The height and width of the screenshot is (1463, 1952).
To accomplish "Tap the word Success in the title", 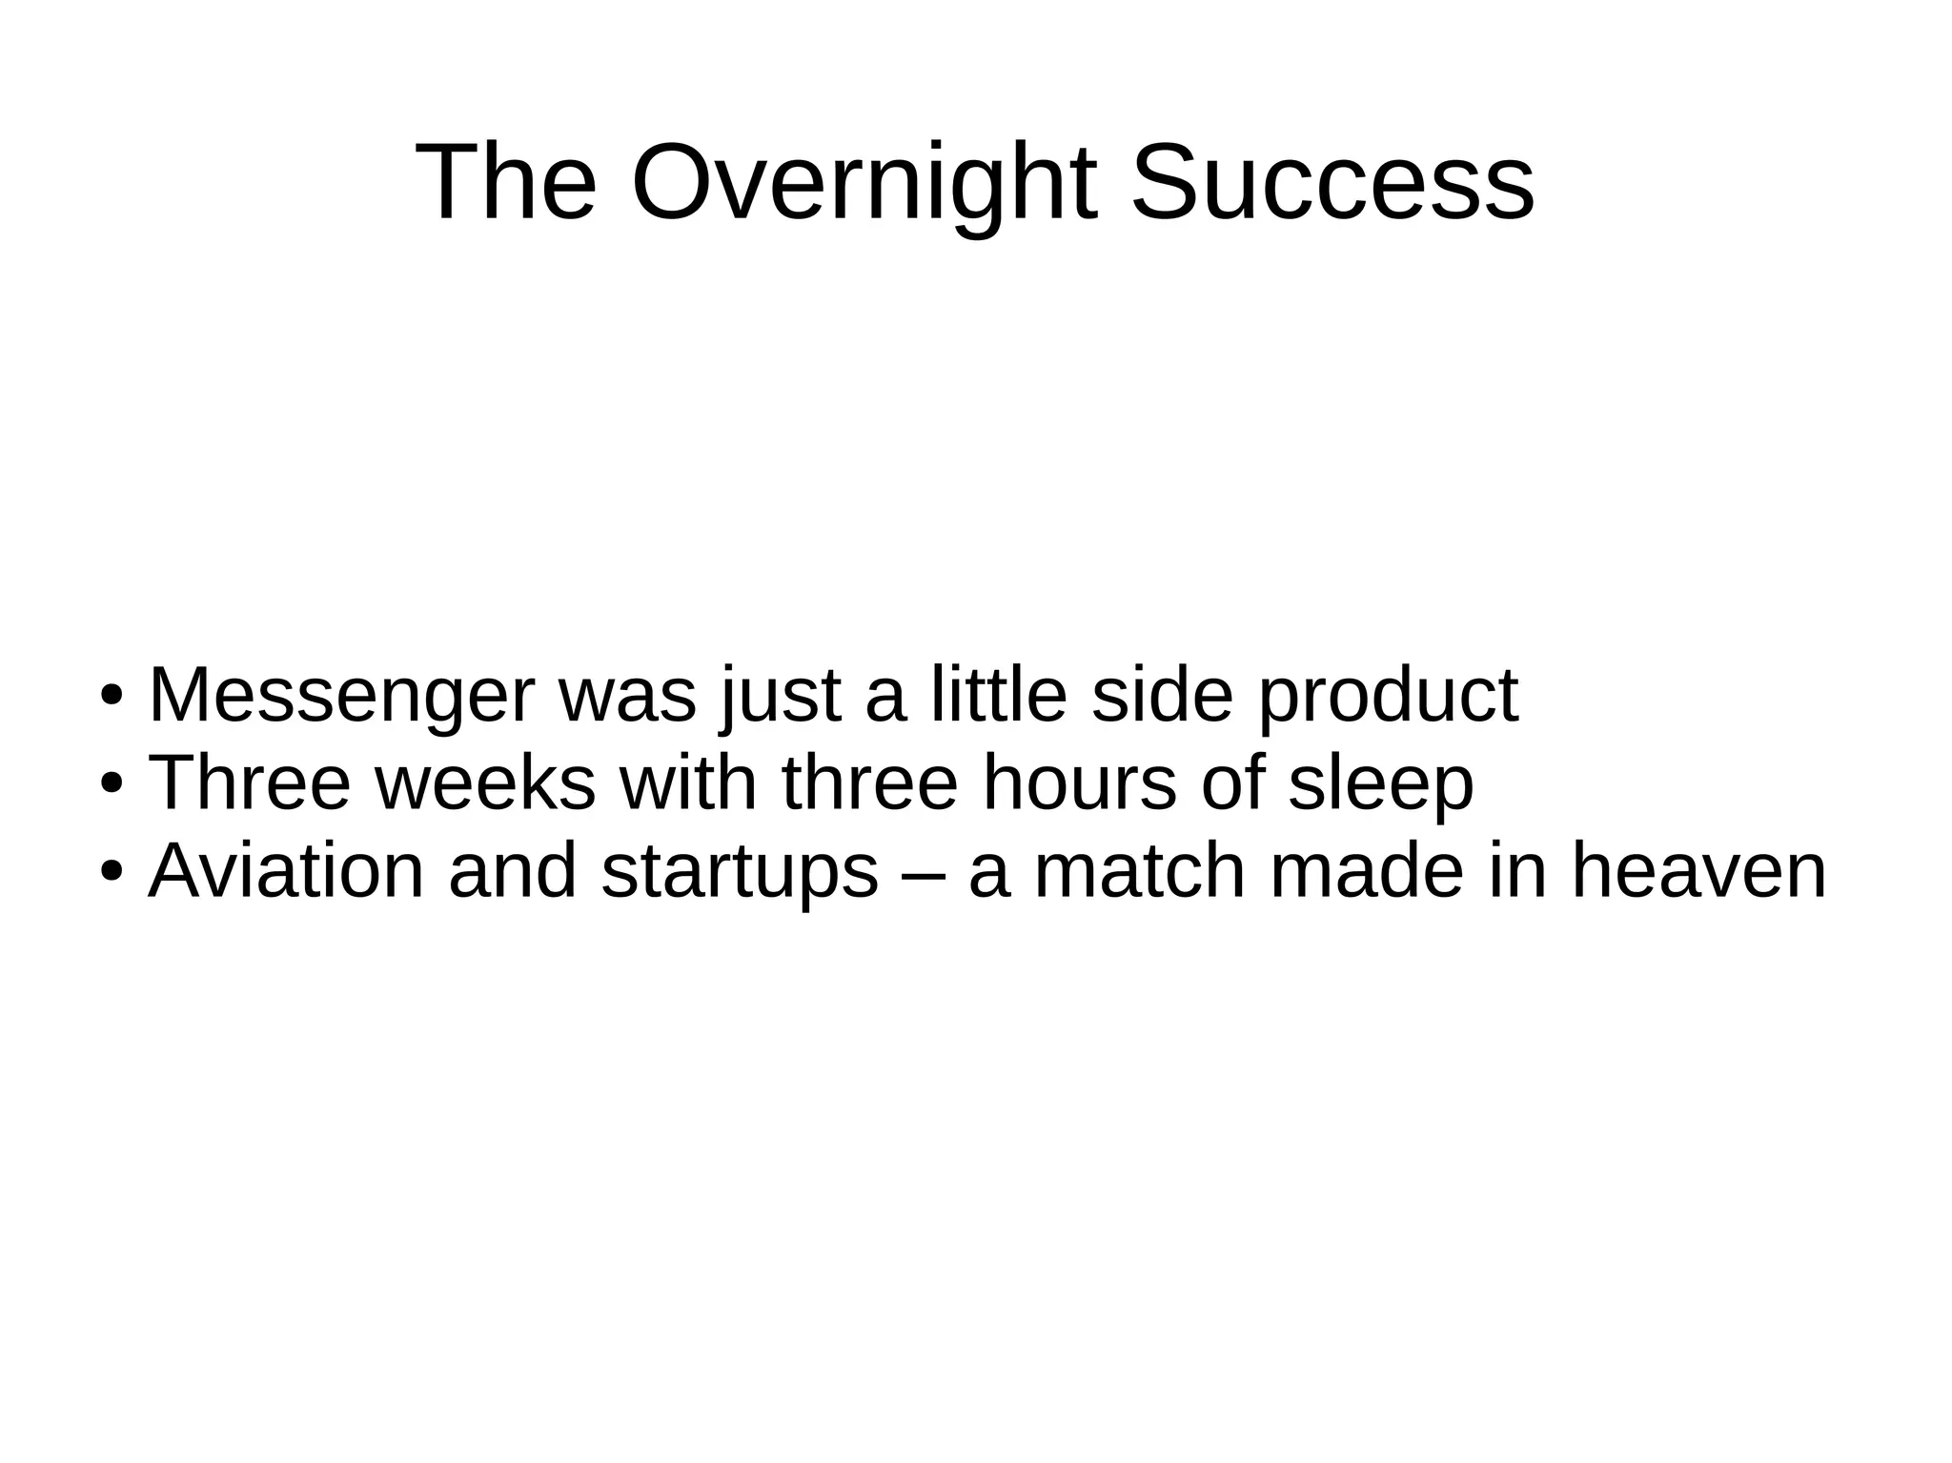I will (x=1332, y=182).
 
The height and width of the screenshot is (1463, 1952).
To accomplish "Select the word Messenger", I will (x=342, y=696).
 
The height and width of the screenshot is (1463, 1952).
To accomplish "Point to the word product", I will (x=1388, y=696).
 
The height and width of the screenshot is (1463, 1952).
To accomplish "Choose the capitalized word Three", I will (x=250, y=782).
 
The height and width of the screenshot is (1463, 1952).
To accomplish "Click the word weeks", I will (x=485, y=782).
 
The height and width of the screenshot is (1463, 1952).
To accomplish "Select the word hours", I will (x=1079, y=782).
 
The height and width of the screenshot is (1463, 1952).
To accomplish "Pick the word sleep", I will (x=1381, y=784).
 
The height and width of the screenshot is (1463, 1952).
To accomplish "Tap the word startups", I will (x=740, y=872).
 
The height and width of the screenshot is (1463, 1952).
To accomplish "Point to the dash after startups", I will (x=923, y=872).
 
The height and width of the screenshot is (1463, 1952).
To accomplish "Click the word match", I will (x=1140, y=870).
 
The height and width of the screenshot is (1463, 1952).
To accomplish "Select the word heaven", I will (x=1698, y=870).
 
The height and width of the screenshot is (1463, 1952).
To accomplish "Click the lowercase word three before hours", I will (x=869, y=782).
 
